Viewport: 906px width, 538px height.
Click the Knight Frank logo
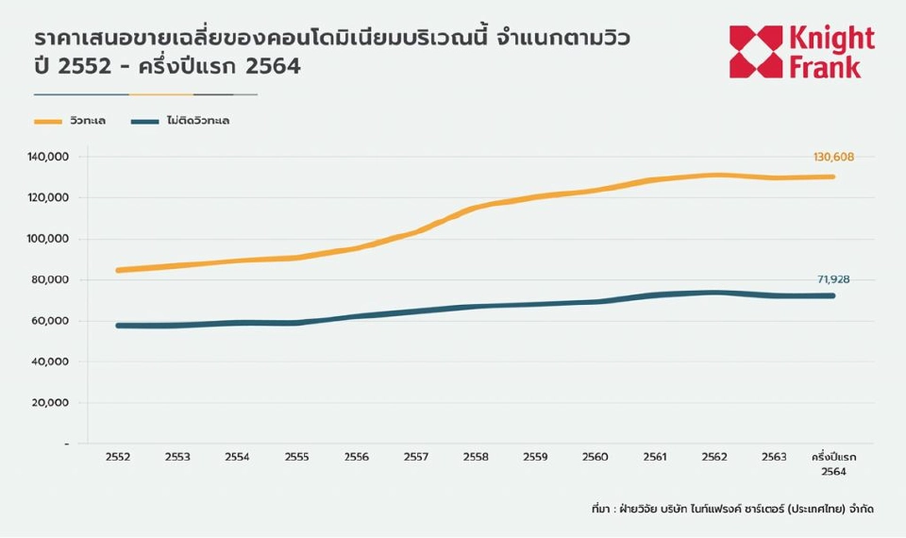coord(801,52)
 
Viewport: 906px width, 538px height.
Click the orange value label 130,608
coord(832,157)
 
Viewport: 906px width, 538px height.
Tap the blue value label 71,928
coord(833,279)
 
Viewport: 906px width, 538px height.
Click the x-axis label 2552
coord(118,457)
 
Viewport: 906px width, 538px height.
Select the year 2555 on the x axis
coord(296,457)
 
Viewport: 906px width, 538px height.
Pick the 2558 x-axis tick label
coord(476,457)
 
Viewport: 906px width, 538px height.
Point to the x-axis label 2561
coord(654,457)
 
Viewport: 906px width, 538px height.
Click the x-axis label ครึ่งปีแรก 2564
coord(832,463)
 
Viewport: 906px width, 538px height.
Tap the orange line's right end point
coord(833,177)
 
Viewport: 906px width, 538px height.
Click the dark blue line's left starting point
coord(118,326)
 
